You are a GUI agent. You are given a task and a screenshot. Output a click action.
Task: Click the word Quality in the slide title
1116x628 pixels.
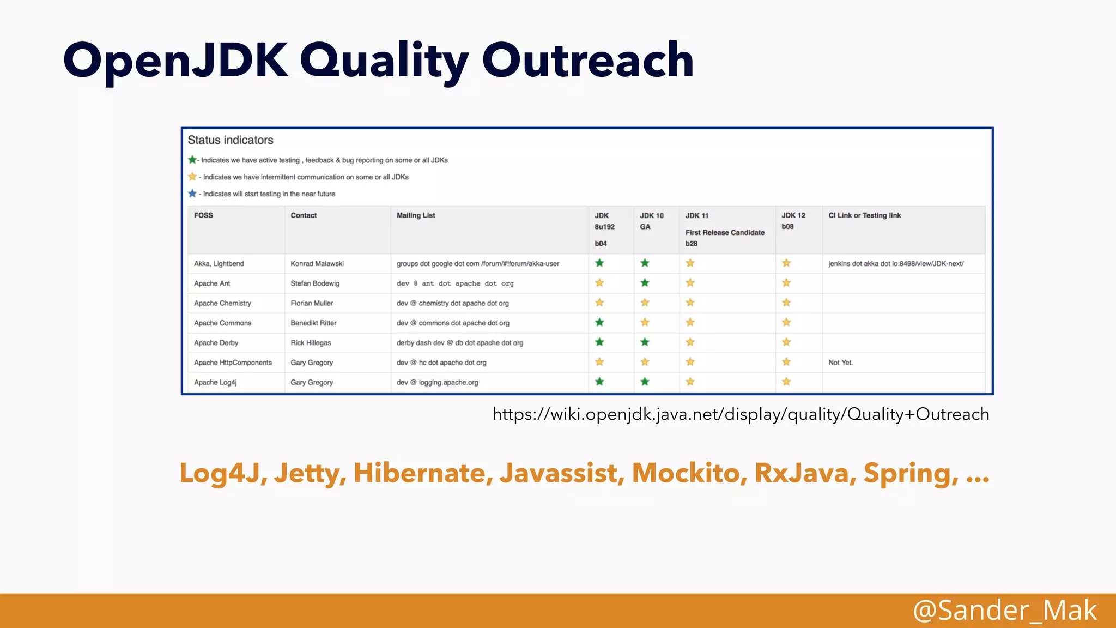click(384, 61)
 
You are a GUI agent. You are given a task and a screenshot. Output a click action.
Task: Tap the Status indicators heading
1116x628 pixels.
click(231, 140)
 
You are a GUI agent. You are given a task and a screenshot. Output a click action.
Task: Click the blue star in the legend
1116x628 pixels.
click(192, 194)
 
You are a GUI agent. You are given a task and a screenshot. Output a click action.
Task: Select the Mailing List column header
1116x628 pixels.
click(416, 215)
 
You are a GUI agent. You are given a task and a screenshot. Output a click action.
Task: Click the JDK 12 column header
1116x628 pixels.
click(793, 215)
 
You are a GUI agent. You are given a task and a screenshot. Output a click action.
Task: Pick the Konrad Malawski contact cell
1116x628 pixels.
click(317, 264)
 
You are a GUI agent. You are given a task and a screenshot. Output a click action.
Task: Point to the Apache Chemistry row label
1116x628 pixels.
click(222, 303)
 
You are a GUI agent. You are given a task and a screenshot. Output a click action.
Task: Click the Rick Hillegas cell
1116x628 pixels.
click(311, 343)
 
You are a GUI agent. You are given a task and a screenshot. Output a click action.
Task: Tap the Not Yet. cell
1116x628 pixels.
click(840, 363)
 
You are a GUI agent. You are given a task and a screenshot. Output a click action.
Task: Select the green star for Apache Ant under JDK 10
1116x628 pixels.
click(645, 283)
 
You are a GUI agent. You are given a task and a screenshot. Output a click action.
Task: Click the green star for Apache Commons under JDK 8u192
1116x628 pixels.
click(599, 322)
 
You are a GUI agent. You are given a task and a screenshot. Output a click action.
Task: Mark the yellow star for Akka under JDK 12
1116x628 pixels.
click(786, 263)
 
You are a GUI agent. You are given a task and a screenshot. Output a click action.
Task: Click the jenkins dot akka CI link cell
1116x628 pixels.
click(896, 264)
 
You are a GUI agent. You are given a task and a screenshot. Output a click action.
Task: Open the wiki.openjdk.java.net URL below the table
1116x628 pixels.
click(741, 414)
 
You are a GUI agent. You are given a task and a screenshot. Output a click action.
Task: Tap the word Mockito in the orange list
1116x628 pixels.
click(689, 473)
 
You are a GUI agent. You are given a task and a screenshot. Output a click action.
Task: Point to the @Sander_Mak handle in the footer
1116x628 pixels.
click(1004, 610)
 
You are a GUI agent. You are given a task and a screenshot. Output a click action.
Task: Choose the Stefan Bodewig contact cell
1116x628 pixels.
click(315, 283)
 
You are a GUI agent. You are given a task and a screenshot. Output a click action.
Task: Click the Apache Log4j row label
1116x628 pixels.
click(215, 383)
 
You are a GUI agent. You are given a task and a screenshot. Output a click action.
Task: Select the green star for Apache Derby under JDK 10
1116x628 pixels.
click(645, 342)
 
